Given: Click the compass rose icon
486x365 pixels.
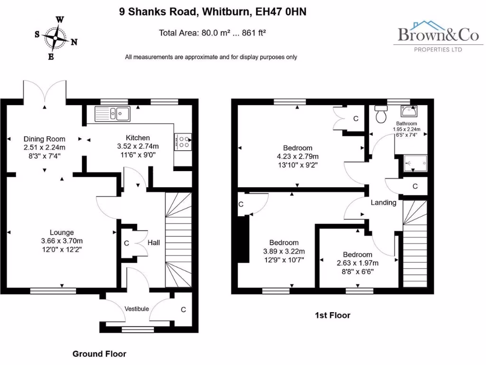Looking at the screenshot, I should click(56, 38).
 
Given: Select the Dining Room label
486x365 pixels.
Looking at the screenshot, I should click(45, 139).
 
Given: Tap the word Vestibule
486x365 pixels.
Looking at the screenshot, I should click(137, 309).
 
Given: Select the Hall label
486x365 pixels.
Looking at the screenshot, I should click(153, 243).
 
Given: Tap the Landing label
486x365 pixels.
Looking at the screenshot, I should click(383, 202).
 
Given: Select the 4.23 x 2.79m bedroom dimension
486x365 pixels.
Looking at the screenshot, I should click(298, 156).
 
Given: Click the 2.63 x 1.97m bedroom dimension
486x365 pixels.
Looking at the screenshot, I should click(357, 263).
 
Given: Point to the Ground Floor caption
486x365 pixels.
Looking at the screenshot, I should click(99, 354).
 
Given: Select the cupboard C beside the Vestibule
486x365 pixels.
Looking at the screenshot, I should click(183, 309).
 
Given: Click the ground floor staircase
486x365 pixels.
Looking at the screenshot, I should click(178, 240).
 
